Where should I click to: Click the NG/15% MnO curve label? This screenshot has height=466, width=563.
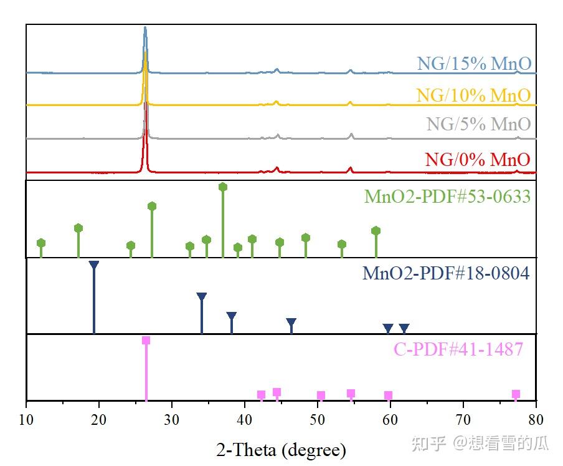[x=474, y=64]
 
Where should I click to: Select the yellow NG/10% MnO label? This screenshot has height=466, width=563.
[x=473, y=95]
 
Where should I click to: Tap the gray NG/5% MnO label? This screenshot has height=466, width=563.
[x=478, y=124]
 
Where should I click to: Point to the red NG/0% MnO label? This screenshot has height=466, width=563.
[x=478, y=159]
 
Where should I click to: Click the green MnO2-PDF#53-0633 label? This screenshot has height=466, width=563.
[x=447, y=197]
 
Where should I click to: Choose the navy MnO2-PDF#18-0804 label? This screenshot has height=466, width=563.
[x=446, y=273]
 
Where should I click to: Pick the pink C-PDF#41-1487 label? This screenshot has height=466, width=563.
[x=458, y=349]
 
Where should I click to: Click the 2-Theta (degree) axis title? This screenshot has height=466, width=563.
[x=281, y=449]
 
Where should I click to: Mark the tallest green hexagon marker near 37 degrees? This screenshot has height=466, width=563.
[x=223, y=187]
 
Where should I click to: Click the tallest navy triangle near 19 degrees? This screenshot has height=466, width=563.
[x=94, y=265]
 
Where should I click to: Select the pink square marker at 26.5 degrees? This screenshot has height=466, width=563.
[x=146, y=341]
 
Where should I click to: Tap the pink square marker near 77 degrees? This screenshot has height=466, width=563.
[x=516, y=394]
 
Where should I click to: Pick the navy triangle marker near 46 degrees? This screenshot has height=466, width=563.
[x=291, y=323]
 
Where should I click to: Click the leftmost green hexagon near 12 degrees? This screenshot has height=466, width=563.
[x=41, y=243]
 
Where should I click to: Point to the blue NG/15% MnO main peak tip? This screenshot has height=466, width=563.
[x=145, y=28]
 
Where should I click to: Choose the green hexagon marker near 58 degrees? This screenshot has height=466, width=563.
[x=376, y=231]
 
